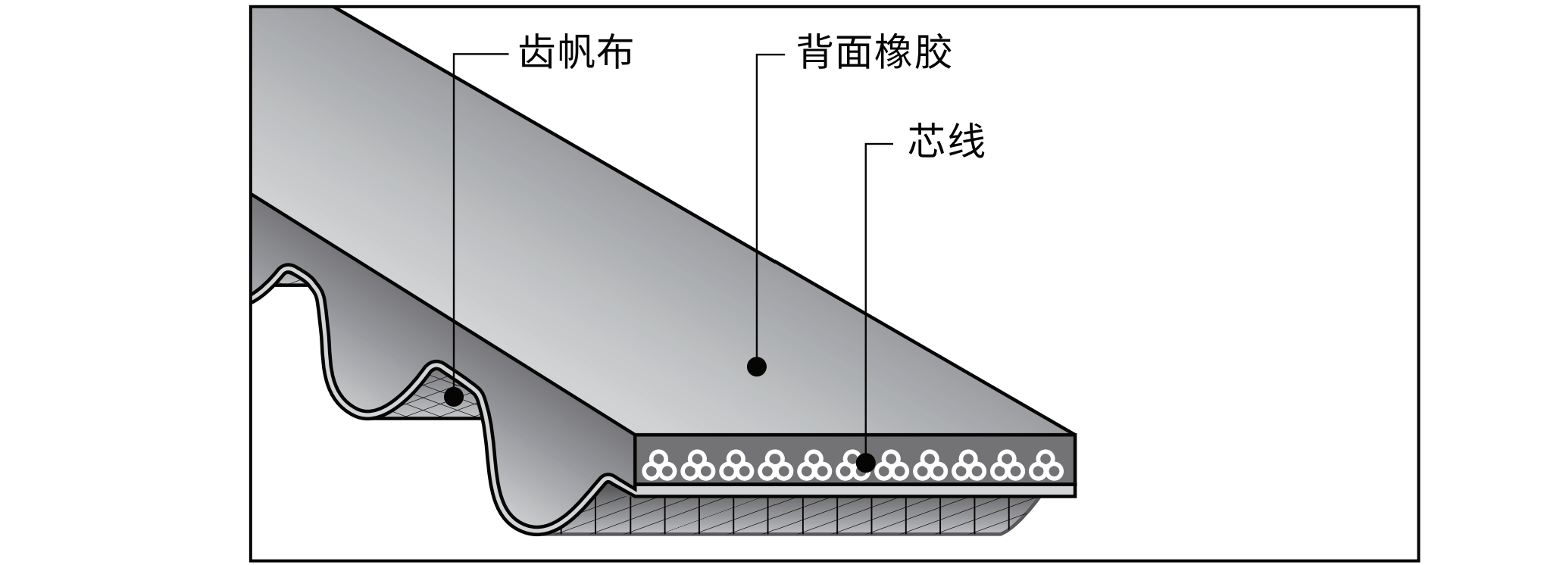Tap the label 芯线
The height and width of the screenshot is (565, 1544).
pyautogui.click(x=946, y=142)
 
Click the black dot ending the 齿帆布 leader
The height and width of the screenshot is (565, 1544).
pyautogui.click(x=454, y=396)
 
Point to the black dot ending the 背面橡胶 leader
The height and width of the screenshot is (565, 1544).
pyautogui.click(x=756, y=367)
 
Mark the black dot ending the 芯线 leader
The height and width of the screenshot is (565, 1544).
pyautogui.click(x=865, y=462)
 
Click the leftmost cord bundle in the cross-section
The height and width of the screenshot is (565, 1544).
pyautogui.click(x=658, y=466)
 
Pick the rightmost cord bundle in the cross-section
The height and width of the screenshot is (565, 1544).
pyautogui.click(x=1045, y=466)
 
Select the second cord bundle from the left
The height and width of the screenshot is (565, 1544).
pyautogui.click(x=697, y=466)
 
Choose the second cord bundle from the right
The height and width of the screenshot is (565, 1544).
pyautogui.click(x=1007, y=466)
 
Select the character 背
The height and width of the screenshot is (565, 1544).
pyautogui.click(x=816, y=53)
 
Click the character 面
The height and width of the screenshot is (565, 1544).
pyautogui.click(x=855, y=53)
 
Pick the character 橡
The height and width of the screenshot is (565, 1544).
pyautogui.click(x=894, y=53)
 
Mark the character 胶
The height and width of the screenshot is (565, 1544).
pyautogui.click(x=933, y=53)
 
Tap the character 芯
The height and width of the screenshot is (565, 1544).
pyautogui.click(x=927, y=142)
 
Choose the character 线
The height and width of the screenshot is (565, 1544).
pyautogui.click(x=966, y=142)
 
